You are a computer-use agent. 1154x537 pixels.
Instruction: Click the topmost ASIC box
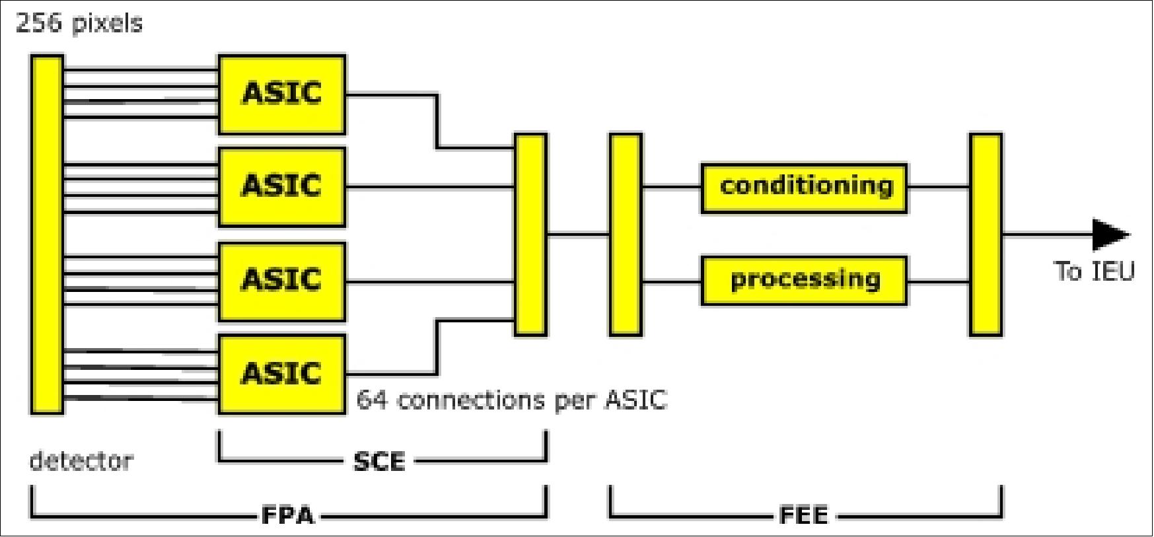coord(281,94)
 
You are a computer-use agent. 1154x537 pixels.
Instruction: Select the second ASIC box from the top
coord(281,187)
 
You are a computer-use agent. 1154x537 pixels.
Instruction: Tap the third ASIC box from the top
coord(281,281)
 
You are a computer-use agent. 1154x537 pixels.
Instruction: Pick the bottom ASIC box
coord(281,375)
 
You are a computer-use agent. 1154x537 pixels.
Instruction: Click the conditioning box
coord(804,188)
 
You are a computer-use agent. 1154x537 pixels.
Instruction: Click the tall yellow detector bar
coord(47,234)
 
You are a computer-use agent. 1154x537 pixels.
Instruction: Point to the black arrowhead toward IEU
coord(1110,234)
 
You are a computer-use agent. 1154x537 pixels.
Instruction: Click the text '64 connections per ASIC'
coord(512,400)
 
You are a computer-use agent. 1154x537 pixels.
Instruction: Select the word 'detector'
coord(81,460)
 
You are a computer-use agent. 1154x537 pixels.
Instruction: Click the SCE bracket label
coord(379,461)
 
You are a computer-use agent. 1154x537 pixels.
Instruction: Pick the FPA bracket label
coord(288,515)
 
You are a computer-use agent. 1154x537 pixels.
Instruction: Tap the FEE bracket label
coord(803,515)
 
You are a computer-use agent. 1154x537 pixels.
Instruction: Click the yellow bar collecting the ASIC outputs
coord(530,234)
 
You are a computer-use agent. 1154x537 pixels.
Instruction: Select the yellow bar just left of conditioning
coord(625,234)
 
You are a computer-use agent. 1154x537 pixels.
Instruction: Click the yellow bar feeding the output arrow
coord(986,234)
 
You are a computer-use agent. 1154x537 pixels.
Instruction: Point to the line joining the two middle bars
coord(578,234)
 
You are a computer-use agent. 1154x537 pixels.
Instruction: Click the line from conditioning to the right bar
coord(938,188)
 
